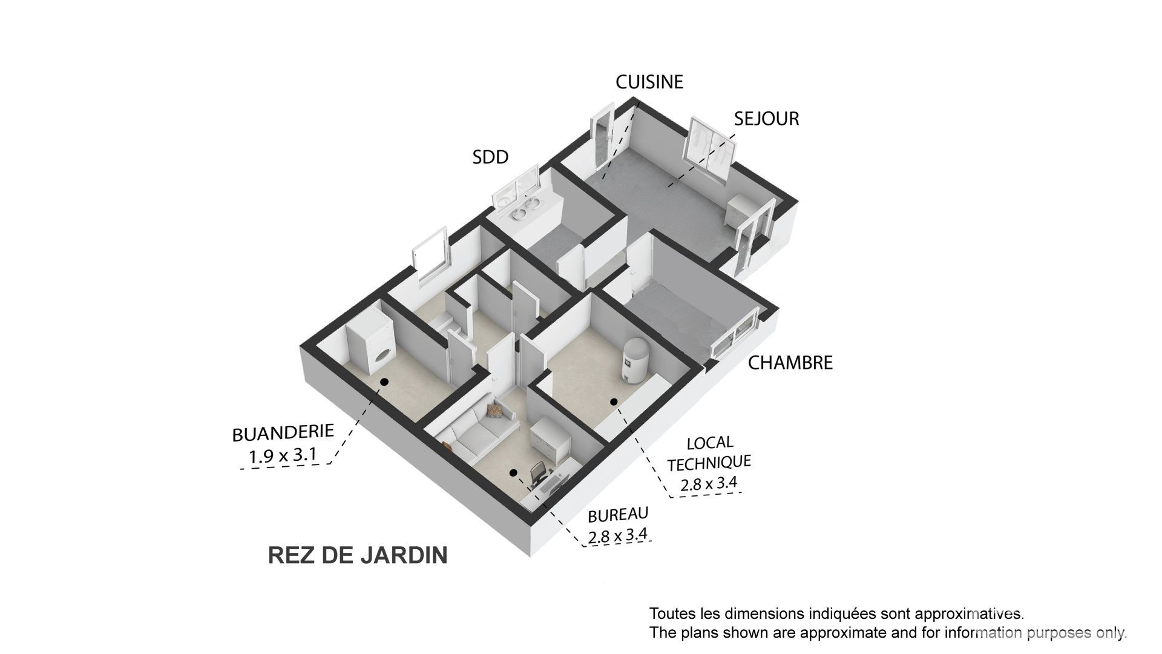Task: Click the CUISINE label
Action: pos(649,82)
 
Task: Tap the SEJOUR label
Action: pos(766,119)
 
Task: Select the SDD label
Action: pos(490,157)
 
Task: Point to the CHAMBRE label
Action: pos(790,363)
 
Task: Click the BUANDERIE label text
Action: pos(283,432)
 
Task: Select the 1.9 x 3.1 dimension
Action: pos(282,455)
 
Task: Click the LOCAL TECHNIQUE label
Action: pos(709,453)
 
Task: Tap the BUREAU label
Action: pos(618,515)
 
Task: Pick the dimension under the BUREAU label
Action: pos(617,535)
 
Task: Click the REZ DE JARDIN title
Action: pos(358,555)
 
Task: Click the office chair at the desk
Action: pos(538,474)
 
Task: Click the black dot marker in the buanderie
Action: pos(384,382)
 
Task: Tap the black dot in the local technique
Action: pos(614,401)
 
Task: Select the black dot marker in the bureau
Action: pos(513,472)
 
